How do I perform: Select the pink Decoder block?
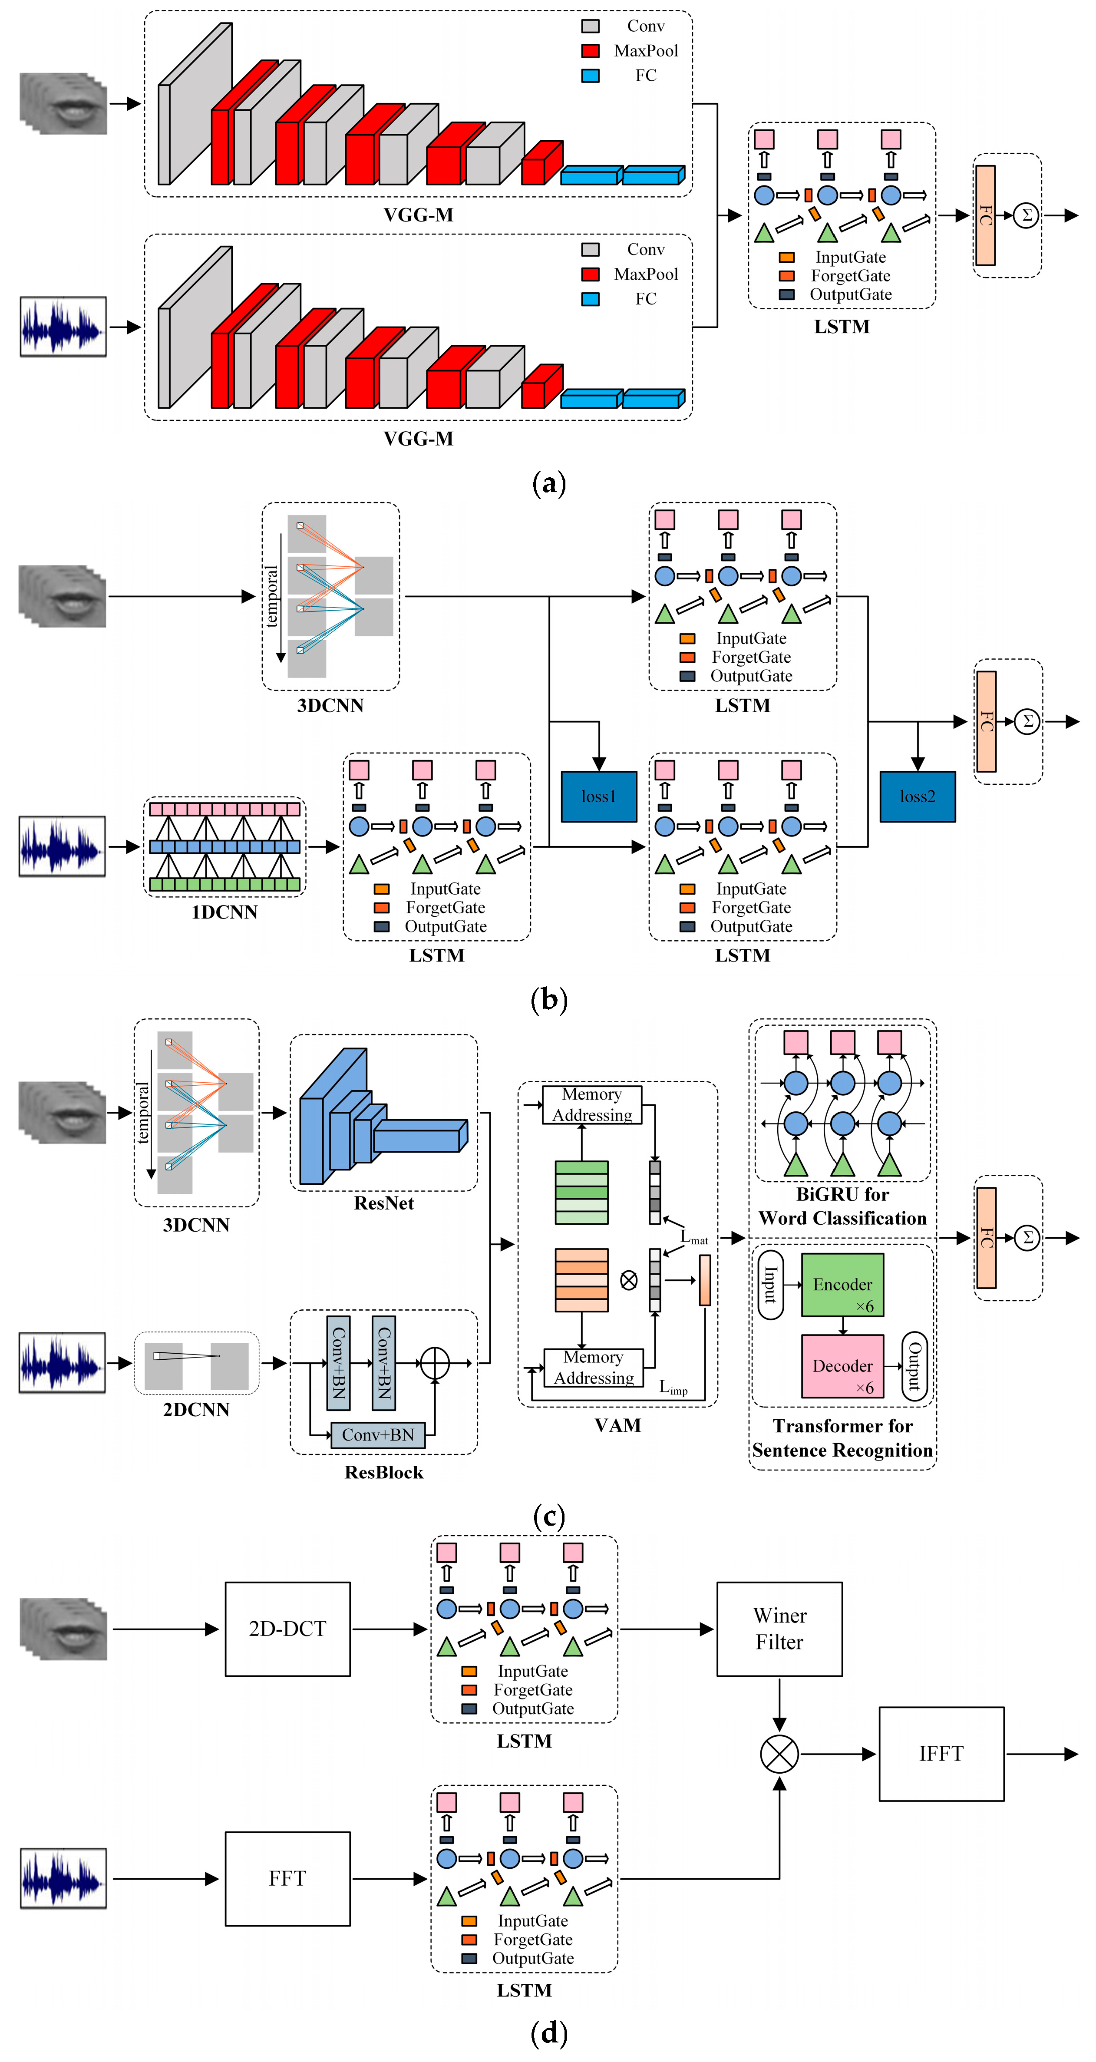(842, 1365)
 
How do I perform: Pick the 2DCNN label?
(196, 1410)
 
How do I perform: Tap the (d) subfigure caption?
(549, 2032)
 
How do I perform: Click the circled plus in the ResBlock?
(435, 1362)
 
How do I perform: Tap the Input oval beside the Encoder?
(770, 1284)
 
